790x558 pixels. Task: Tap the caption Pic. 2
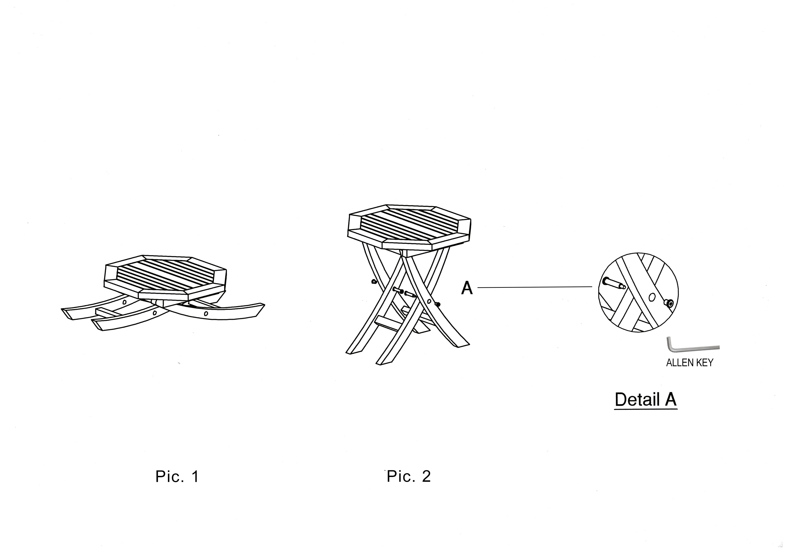pos(409,477)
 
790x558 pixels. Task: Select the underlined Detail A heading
pos(646,400)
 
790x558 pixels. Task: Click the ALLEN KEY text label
pos(690,363)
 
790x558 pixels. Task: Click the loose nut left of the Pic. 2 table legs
pos(374,281)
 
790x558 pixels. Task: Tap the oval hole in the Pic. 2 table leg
pos(429,301)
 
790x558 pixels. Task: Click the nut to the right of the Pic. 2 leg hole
pos(438,304)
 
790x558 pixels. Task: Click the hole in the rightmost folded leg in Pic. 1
pos(206,314)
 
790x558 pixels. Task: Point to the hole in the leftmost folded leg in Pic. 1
pos(124,302)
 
